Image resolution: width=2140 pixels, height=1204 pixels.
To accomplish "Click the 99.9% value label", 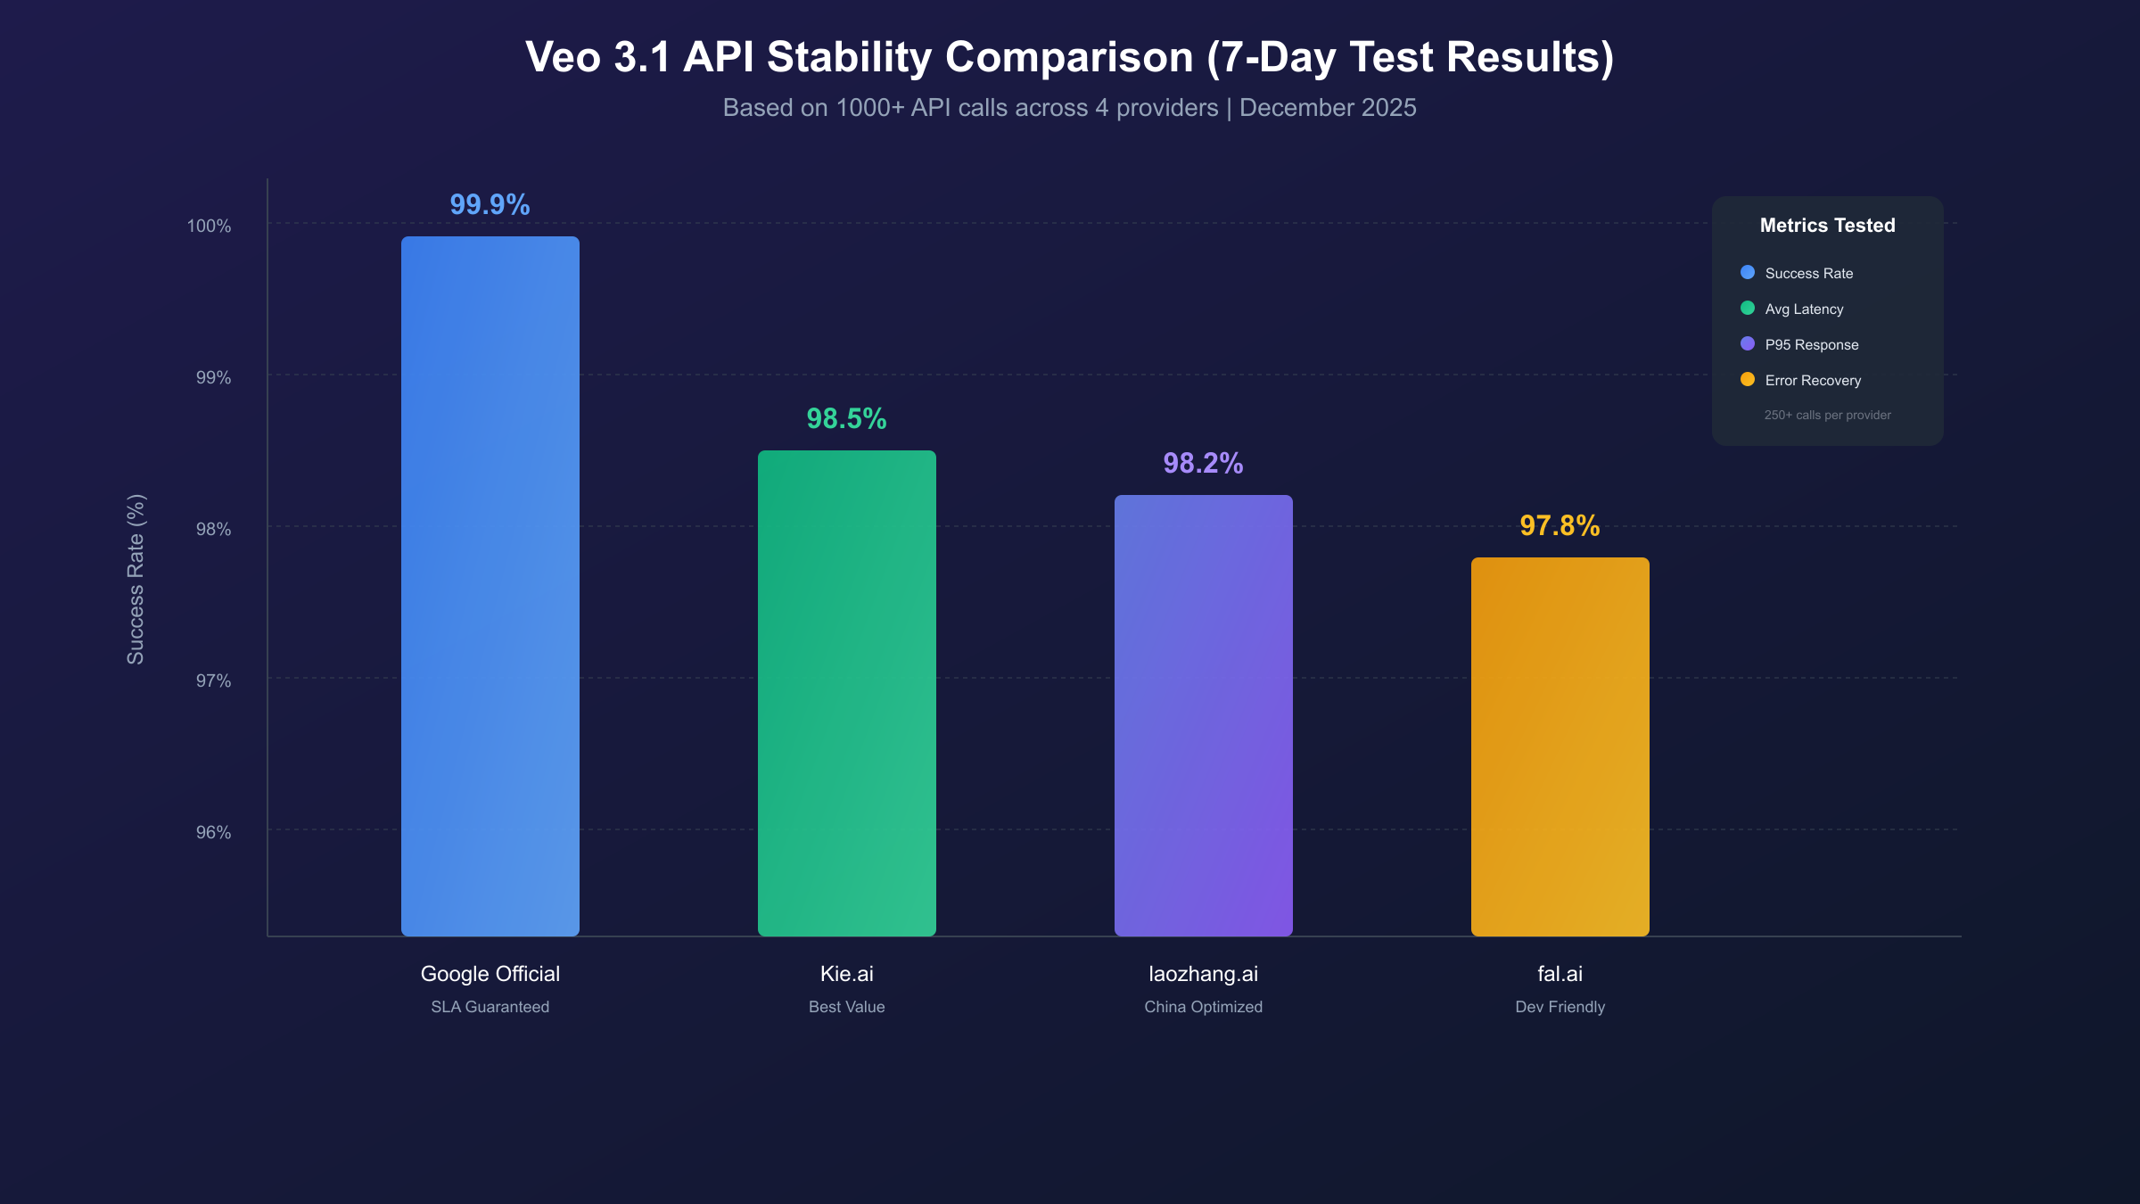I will [490, 204].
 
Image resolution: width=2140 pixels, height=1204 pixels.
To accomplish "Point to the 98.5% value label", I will [846, 418].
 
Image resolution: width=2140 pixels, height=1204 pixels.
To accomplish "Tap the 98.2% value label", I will [1203, 463].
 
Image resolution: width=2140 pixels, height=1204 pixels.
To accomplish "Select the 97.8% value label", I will [1560, 525].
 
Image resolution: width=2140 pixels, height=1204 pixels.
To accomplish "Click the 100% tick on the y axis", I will [209, 226].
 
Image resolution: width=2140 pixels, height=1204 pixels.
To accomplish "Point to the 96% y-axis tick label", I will [213, 832].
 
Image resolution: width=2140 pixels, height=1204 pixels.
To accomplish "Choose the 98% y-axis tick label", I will [213, 529].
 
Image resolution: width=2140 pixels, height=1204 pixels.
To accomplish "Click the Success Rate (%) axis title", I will [136, 579].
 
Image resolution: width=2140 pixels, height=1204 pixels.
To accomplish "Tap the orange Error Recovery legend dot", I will [1748, 380].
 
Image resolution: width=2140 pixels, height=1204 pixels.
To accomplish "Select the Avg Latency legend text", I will [1804, 309].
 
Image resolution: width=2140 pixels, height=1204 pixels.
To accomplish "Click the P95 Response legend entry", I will [1811, 344].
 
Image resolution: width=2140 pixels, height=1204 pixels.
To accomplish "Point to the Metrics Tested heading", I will [1827, 226].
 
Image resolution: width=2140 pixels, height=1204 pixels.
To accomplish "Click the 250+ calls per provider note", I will [1827, 415].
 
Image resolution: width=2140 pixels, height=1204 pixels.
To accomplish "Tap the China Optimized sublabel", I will [1203, 1007].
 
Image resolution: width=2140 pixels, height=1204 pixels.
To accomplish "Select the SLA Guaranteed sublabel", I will [490, 1007].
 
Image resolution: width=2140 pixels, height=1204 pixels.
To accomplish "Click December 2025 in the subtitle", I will [1328, 108].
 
